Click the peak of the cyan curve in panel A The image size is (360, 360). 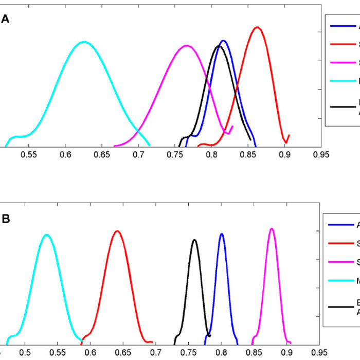click(x=84, y=42)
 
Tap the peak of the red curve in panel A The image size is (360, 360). click(x=258, y=27)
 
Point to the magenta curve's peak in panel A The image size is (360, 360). click(x=186, y=46)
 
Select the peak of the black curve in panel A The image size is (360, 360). click(x=219, y=46)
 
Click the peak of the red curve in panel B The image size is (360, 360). click(x=117, y=231)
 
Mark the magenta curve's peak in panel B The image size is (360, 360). click(x=272, y=228)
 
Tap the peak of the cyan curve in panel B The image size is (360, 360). click(x=47, y=235)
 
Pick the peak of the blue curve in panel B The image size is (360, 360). click(x=222, y=234)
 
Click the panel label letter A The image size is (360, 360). click(x=6, y=20)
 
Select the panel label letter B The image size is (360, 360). click(x=6, y=219)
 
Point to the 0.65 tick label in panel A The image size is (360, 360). click(x=102, y=155)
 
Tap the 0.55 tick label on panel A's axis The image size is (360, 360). click(x=29, y=155)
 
